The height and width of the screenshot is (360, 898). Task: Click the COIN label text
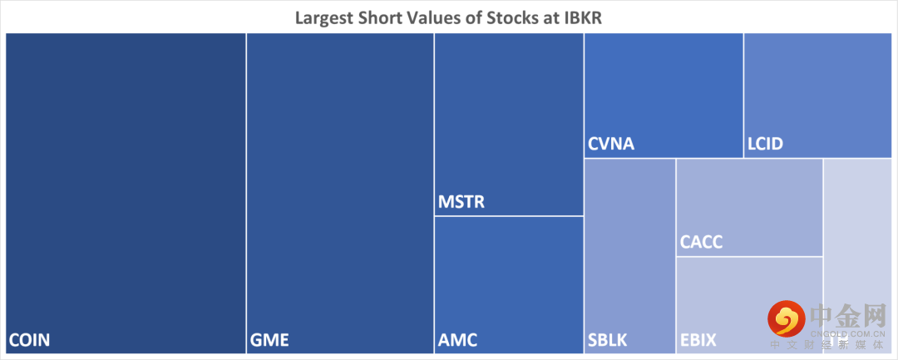point(30,339)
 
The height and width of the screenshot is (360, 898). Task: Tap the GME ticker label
point(269,339)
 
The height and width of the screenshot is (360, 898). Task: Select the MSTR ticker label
point(461,202)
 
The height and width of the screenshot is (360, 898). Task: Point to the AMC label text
point(457,339)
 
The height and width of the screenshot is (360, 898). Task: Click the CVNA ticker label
point(611,144)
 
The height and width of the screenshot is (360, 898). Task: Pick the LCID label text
point(766,144)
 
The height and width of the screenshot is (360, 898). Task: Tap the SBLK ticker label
point(608,339)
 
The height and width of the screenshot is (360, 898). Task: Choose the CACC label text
point(702,243)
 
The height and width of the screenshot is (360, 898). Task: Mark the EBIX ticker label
point(698,339)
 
